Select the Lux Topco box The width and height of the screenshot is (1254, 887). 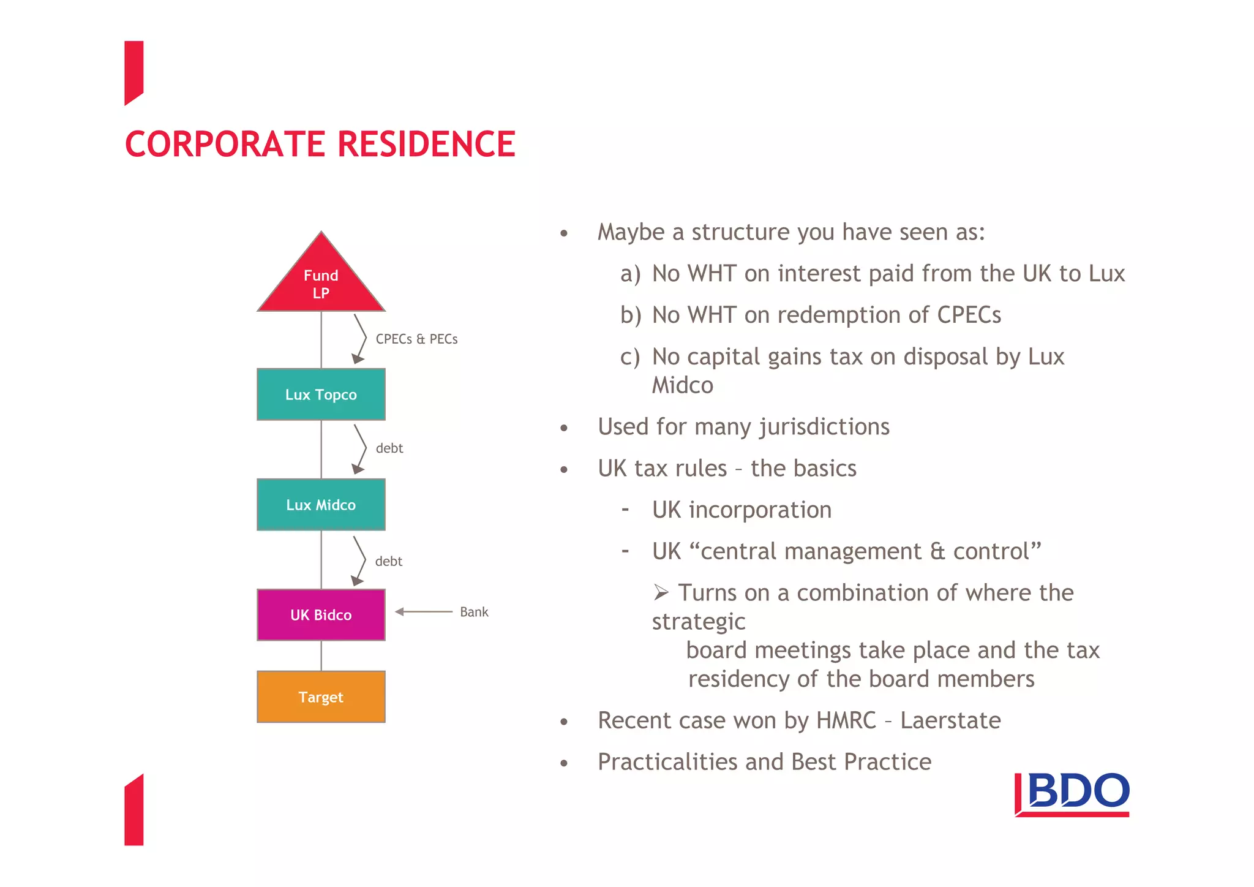click(x=321, y=394)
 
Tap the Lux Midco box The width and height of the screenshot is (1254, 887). click(x=321, y=505)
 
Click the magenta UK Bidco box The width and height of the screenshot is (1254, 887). click(x=321, y=615)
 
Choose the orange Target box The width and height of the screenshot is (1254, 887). click(x=321, y=697)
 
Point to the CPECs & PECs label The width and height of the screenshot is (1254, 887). click(x=416, y=339)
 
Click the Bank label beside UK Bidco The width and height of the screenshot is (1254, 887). click(x=474, y=612)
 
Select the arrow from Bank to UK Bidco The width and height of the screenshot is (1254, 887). click(x=424, y=611)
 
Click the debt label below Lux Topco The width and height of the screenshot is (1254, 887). click(x=389, y=448)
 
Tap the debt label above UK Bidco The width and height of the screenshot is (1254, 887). click(x=389, y=561)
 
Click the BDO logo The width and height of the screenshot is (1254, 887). click(x=1072, y=794)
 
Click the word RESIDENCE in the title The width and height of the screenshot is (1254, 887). click(x=426, y=145)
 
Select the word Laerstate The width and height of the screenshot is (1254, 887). click(x=950, y=720)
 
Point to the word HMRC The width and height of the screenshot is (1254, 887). click(x=846, y=720)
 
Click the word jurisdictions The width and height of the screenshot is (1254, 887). click(x=824, y=427)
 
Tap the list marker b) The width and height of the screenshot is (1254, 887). click(x=631, y=315)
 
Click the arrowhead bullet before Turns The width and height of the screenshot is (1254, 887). click(x=661, y=592)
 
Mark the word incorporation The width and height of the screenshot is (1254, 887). click(x=760, y=510)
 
